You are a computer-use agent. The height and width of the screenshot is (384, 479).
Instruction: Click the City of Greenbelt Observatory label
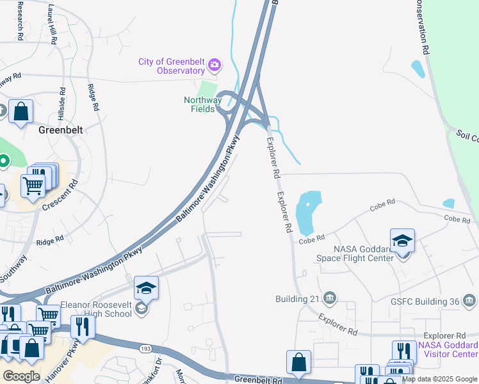[172, 66]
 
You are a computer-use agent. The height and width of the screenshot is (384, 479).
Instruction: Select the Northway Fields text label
[202, 105]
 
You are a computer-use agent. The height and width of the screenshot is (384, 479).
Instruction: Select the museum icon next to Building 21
[330, 298]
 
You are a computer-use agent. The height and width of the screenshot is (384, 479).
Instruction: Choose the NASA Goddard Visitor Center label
[448, 349]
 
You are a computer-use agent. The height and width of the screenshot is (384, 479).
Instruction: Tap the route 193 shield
[146, 348]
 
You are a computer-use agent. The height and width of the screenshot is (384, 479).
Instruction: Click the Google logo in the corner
[21, 376]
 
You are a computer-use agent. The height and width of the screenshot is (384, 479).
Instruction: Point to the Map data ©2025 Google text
[439, 379]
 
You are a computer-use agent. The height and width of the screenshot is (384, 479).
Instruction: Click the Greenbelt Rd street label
[259, 380]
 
